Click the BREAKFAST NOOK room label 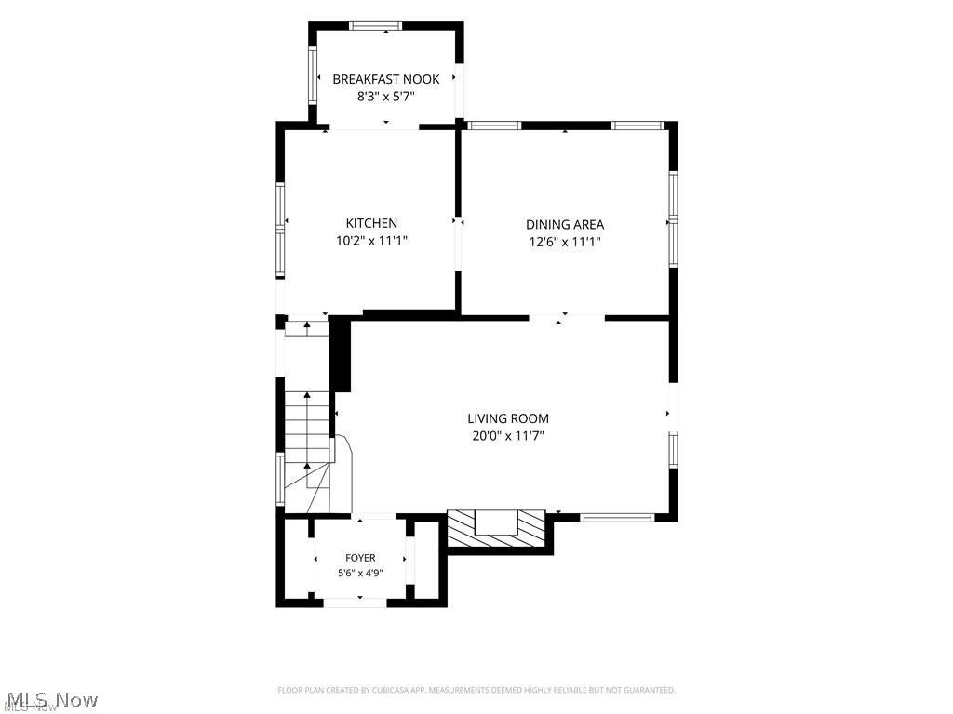pos(386,79)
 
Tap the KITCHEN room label pos(371,223)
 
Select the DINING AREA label pos(565,225)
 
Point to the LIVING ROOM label pos(508,418)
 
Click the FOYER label pos(360,558)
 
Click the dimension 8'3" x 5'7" pos(386,96)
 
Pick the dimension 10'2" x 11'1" pos(371,241)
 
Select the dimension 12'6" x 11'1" pos(565,242)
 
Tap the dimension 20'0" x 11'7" pos(508,435)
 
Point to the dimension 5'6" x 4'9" pos(360,573)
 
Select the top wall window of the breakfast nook pos(376,26)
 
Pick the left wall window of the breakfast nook pos(313,74)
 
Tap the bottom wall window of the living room pos(617,518)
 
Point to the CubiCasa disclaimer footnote pos(476,690)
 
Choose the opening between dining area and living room pos(567,318)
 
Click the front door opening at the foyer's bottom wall pos(355,602)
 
